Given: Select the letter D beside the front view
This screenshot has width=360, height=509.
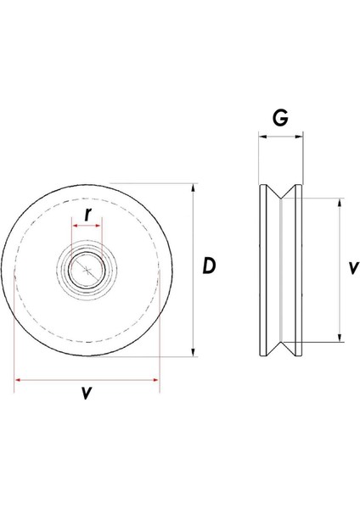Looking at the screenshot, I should click(210, 266).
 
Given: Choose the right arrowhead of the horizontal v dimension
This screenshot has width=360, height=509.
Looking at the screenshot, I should click(155, 379).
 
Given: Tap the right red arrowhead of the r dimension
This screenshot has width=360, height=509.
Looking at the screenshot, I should click(100, 227).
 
